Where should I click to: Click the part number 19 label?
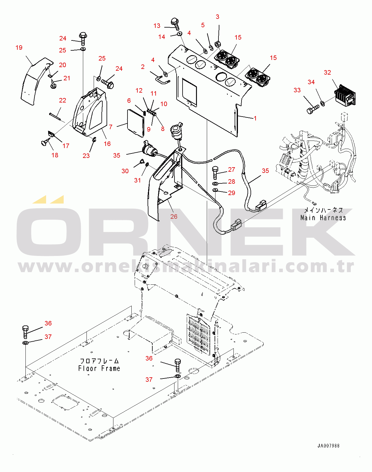[x=19, y=48]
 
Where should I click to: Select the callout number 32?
[x=327, y=73]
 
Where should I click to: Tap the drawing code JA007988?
[x=328, y=446]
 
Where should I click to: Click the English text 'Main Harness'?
[x=323, y=218]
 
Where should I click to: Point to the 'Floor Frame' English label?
[x=99, y=368]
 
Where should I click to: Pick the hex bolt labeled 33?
[x=312, y=109]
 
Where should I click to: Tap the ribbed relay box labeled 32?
[x=345, y=95]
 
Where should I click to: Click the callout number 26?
[x=174, y=217]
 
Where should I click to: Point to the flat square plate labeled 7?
[x=136, y=123]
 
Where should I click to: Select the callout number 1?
[x=255, y=118]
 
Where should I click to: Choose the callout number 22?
[x=63, y=100]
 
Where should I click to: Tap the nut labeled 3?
[x=218, y=45]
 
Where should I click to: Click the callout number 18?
[x=55, y=155]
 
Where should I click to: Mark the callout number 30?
[x=125, y=171]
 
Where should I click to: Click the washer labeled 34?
[x=322, y=103]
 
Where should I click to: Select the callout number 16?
[x=107, y=144]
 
